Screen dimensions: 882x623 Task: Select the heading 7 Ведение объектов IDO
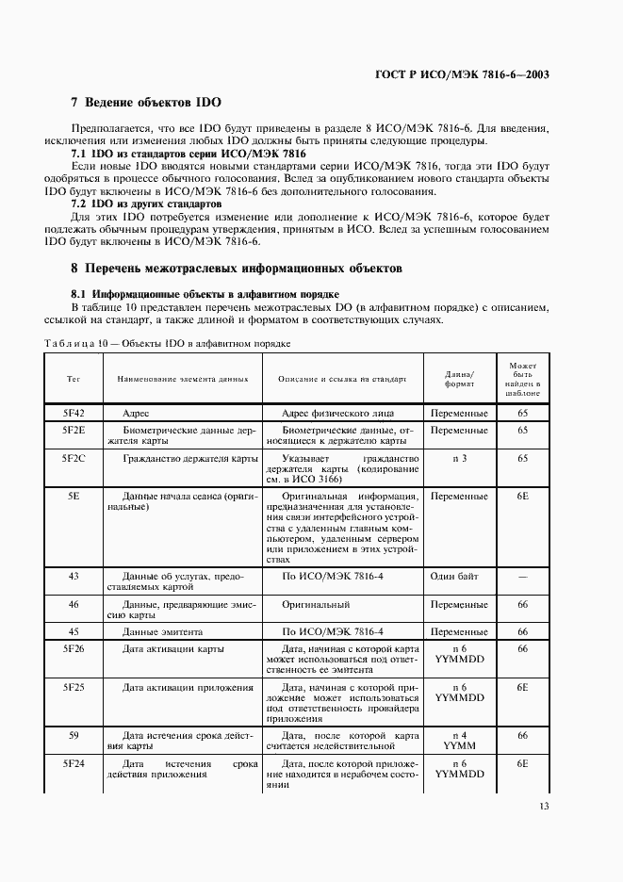146,102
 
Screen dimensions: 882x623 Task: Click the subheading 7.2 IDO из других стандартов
147,204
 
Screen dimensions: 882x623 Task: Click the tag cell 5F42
73,413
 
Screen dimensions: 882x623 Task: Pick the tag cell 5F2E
73,430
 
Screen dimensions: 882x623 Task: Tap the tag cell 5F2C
73,458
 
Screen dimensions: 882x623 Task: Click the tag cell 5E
73,495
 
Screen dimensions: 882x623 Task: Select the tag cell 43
73,575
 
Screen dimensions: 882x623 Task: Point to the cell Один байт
460,575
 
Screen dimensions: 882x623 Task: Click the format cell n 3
460,458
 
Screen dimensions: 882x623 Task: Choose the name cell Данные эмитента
166,631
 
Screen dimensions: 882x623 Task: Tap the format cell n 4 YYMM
460,740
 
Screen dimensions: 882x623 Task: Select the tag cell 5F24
73,763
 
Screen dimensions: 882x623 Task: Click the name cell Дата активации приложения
188,687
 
